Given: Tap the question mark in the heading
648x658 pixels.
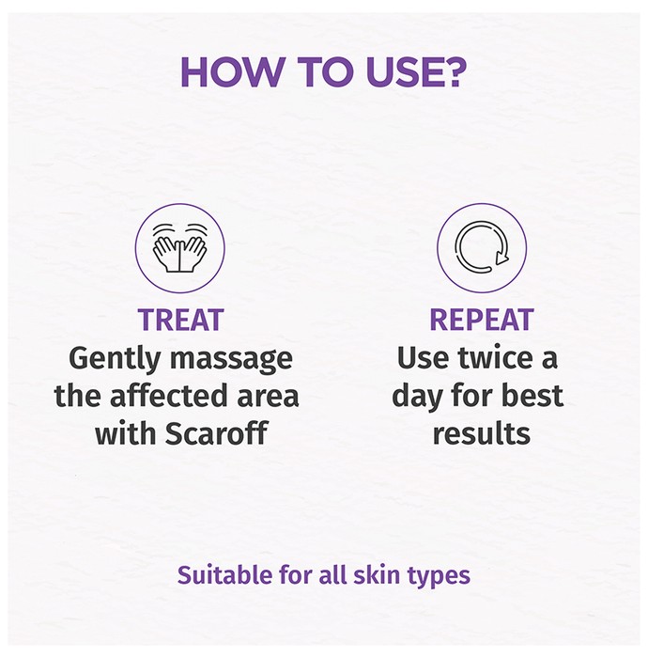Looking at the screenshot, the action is coord(453,72).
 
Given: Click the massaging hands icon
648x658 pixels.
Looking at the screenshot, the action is coord(179,247).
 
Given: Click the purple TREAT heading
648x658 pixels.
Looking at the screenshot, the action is coord(180,320).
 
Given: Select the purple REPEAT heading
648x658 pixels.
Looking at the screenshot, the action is coord(482,320).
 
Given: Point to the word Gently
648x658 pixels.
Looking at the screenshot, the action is coord(115,359).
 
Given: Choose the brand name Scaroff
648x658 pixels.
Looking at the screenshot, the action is coord(216,432).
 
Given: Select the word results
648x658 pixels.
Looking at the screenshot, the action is coord(482,434).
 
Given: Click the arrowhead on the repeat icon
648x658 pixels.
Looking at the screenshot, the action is coord(501,257).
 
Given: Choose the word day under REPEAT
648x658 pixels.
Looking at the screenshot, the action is coord(417,397).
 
